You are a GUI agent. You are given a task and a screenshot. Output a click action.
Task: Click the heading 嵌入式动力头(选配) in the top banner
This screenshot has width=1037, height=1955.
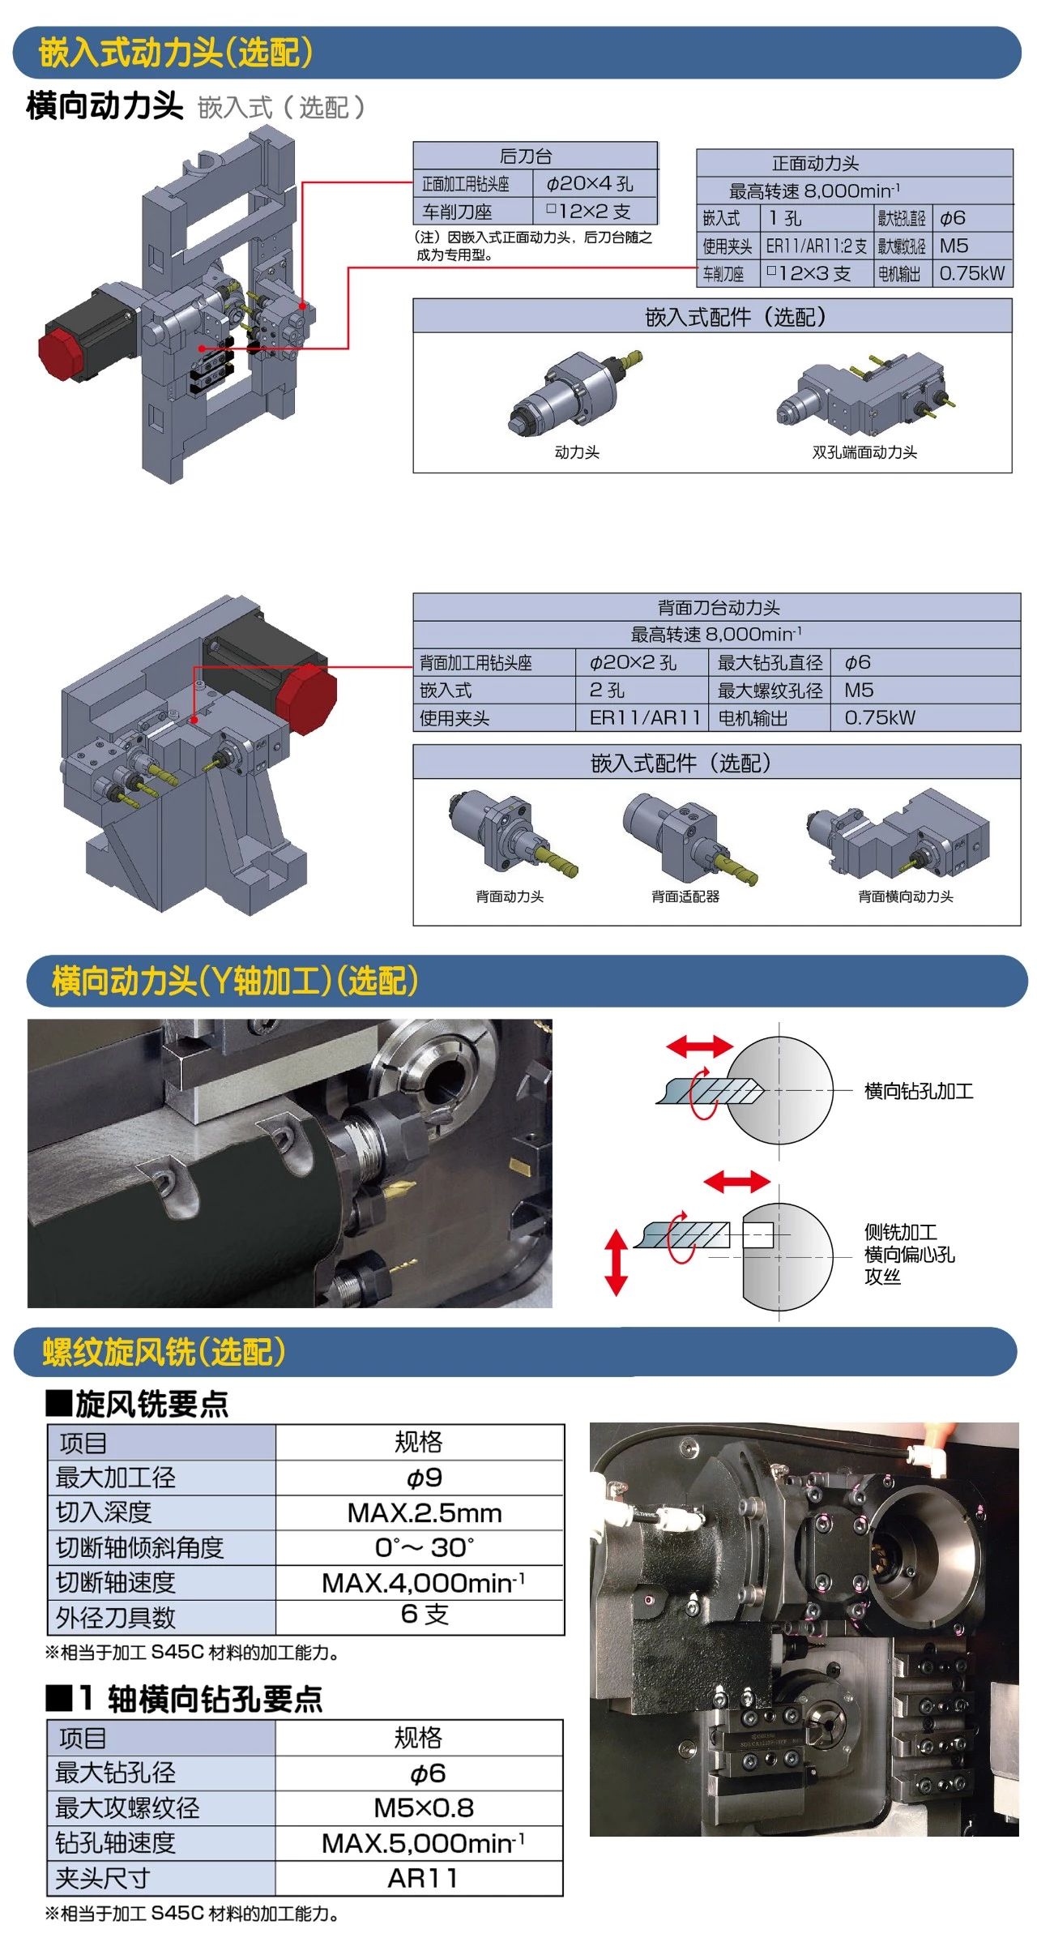(175, 53)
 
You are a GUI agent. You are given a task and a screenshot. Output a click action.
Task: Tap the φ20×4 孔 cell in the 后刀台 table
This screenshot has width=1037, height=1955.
(590, 184)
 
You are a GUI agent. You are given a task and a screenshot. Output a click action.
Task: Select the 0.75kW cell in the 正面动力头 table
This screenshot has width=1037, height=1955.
(971, 273)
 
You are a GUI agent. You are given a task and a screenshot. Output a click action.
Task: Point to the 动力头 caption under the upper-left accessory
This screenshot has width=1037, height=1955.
(577, 452)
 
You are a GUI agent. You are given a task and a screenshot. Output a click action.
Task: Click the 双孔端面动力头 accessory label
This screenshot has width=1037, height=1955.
(864, 452)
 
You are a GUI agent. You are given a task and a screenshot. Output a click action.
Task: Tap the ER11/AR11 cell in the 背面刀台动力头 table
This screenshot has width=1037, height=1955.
(644, 717)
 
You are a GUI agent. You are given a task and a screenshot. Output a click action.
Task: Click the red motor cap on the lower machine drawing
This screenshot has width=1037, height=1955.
(307, 699)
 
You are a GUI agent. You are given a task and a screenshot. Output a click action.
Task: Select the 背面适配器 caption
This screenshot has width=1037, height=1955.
(685, 896)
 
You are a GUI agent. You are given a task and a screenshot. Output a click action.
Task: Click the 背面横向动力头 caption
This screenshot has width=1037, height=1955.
(906, 896)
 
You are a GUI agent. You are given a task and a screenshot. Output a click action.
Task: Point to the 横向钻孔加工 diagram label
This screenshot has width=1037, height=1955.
(919, 1091)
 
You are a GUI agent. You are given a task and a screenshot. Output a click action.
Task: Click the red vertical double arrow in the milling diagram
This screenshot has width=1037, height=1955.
(617, 1262)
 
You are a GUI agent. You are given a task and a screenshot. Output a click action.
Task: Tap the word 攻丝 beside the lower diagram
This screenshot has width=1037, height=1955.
(882, 1277)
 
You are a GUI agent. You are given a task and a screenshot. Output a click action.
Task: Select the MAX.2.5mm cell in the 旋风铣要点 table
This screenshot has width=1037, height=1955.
(425, 1512)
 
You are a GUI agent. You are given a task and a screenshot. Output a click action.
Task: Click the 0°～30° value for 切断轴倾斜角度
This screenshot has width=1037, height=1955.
(425, 1547)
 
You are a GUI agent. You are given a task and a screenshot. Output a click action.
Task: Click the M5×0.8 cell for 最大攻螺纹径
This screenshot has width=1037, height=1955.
(424, 1807)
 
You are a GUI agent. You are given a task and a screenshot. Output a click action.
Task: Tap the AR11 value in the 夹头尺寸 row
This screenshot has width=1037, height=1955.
(423, 1878)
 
